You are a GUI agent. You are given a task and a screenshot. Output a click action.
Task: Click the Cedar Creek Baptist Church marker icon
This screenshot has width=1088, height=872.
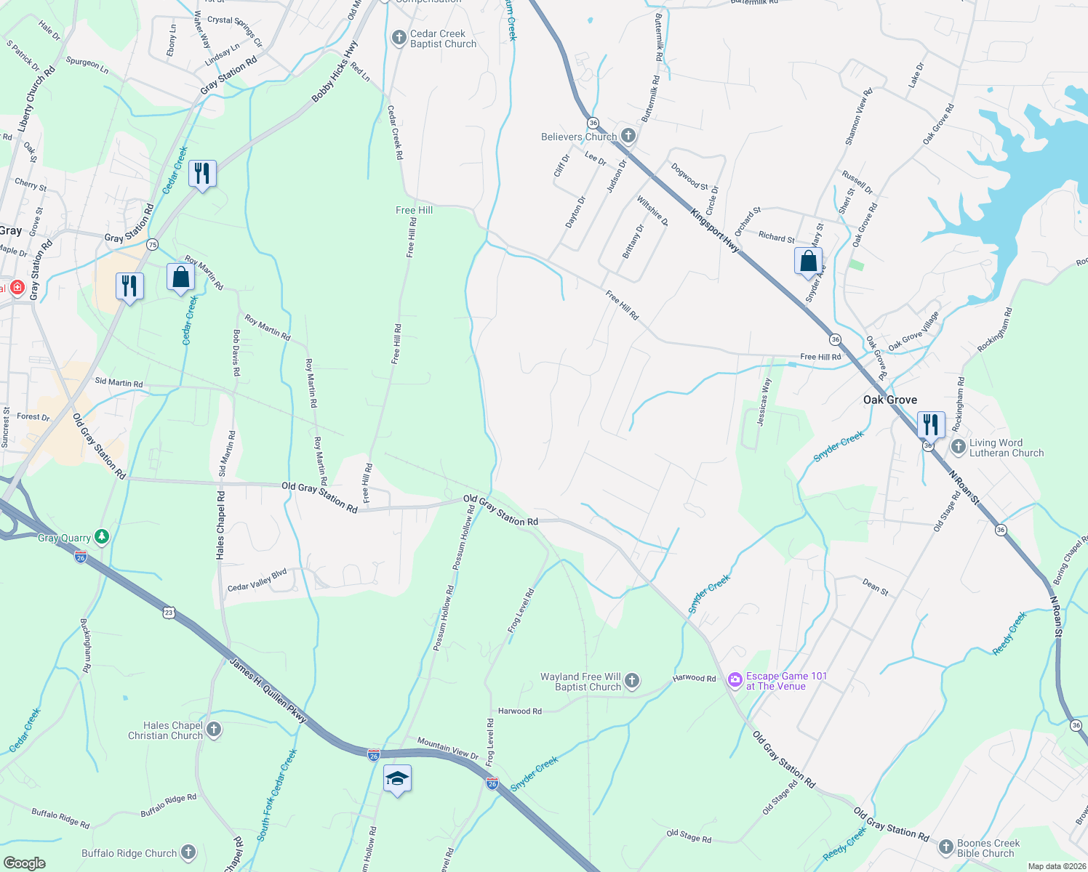click(x=399, y=39)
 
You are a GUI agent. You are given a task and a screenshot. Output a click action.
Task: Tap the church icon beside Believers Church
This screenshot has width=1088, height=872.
click(x=628, y=136)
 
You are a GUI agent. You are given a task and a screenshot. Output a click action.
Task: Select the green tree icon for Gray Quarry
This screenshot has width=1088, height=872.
click(x=102, y=537)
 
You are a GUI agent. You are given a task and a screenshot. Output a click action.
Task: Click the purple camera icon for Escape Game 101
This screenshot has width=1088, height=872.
click(x=735, y=681)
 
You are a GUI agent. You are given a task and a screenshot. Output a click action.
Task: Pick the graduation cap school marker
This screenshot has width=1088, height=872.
click(x=397, y=780)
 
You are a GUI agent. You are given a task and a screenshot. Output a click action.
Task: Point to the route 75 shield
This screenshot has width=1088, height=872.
click(x=152, y=244)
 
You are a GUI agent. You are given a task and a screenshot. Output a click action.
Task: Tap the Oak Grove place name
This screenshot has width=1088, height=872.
click(x=889, y=400)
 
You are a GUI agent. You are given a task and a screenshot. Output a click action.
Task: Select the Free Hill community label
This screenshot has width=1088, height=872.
click(x=414, y=210)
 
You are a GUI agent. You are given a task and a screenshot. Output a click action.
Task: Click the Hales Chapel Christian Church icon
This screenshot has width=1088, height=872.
click(x=213, y=730)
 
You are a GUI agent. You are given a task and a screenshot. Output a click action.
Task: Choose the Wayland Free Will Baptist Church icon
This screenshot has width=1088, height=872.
click(x=632, y=681)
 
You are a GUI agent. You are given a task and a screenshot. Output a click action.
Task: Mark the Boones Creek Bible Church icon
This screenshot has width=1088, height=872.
click(x=945, y=847)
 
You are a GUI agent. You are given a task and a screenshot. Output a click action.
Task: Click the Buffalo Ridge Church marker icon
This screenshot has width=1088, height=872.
click(x=188, y=852)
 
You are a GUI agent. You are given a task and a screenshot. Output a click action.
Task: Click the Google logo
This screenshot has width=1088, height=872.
click(x=24, y=863)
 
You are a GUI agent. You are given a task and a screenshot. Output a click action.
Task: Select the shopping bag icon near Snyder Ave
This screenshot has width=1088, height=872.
click(x=809, y=261)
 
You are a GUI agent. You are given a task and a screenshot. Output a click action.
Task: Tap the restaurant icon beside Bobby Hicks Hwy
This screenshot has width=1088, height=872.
click(x=202, y=174)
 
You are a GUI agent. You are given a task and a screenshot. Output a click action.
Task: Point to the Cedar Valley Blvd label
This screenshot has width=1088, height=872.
click(x=257, y=581)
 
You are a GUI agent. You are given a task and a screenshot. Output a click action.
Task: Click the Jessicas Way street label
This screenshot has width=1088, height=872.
click(x=764, y=402)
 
